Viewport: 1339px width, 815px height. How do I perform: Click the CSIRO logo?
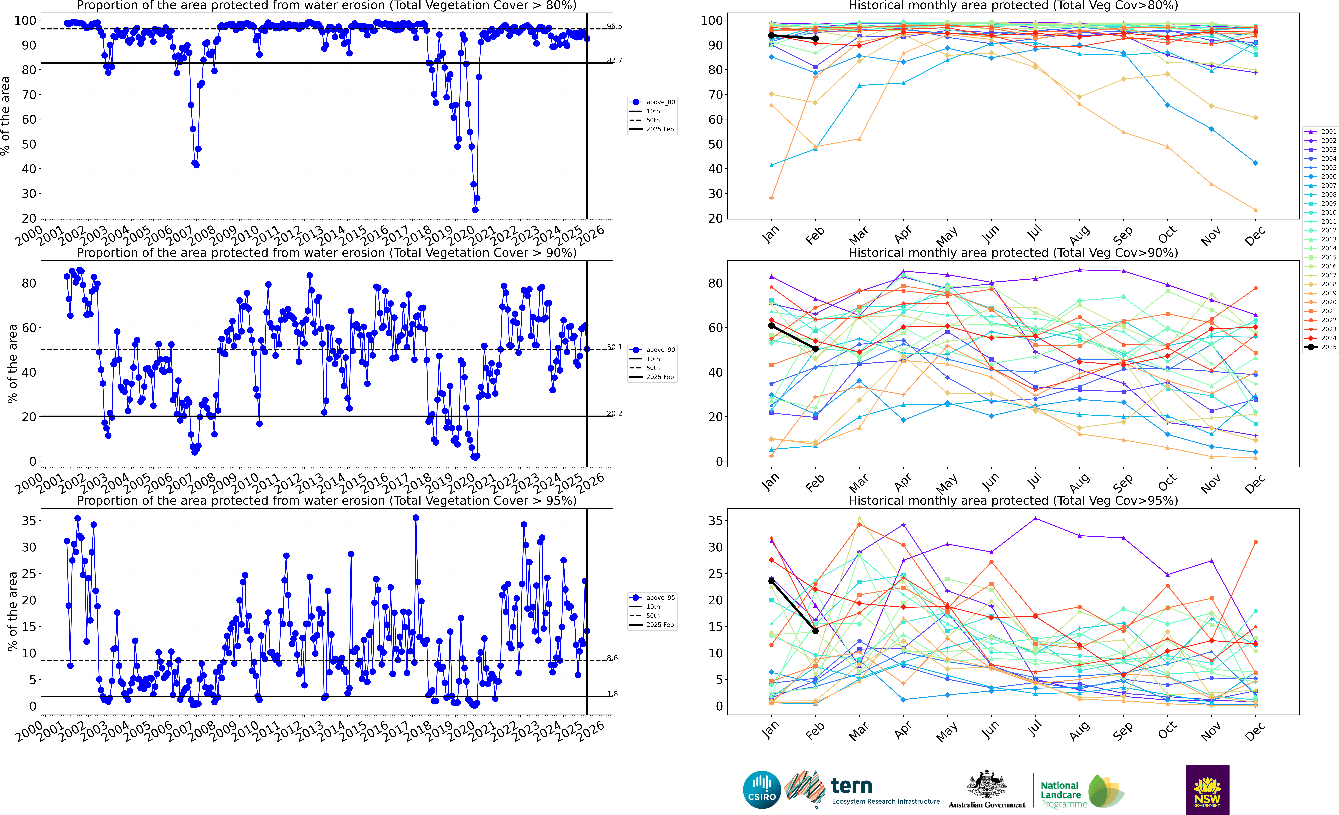pyautogui.click(x=762, y=789)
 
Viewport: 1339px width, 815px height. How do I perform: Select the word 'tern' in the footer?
pyautogui.click(x=852, y=786)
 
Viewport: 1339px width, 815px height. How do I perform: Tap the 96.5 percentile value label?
pyautogui.click(x=615, y=26)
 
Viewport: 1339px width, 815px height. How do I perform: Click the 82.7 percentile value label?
pyautogui.click(x=615, y=60)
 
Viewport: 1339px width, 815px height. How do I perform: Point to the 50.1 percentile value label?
pyautogui.click(x=615, y=347)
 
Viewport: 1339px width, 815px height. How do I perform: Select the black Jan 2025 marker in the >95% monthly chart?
pyautogui.click(x=771, y=581)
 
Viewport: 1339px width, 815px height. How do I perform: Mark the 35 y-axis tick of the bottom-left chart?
pyautogui.click(x=29, y=521)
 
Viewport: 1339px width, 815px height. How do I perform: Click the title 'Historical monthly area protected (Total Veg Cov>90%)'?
pyautogui.click(x=1013, y=253)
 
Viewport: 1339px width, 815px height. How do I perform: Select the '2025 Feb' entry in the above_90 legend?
pyautogui.click(x=660, y=377)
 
